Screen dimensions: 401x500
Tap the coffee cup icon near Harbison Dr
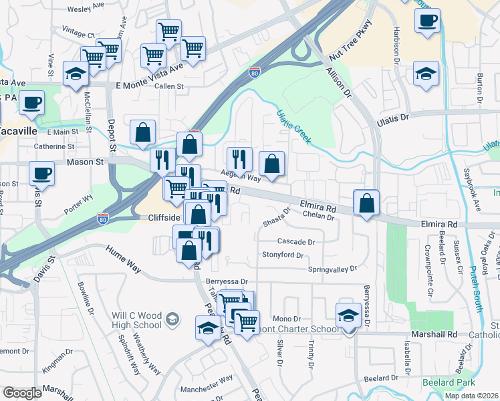(x=427, y=19)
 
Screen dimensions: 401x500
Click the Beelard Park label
(x=449, y=382)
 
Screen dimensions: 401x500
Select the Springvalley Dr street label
(x=332, y=269)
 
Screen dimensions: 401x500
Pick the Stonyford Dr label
(x=283, y=255)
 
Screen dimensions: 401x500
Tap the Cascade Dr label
(x=296, y=241)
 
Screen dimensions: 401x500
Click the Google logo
(x=22, y=392)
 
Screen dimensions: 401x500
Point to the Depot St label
(x=111, y=137)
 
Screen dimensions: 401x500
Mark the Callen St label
(x=168, y=86)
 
